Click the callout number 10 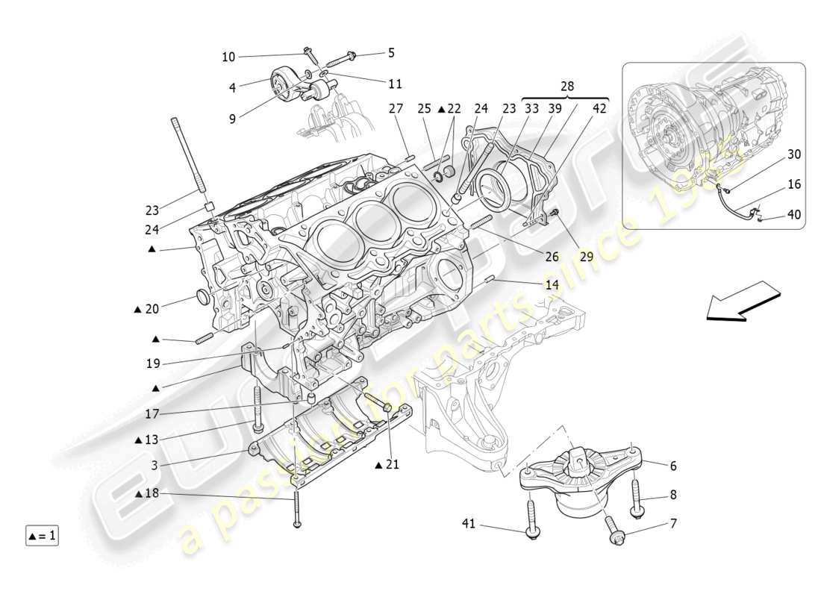click(x=228, y=57)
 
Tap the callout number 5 click(x=391, y=53)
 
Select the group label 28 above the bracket click(x=567, y=87)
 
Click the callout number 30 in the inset click(x=793, y=154)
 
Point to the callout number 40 click(x=793, y=214)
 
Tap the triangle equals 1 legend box click(x=43, y=535)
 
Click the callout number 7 click(x=673, y=524)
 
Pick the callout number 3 click(x=154, y=465)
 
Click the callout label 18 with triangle click(x=147, y=494)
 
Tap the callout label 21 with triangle click(x=388, y=465)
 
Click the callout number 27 click(x=396, y=109)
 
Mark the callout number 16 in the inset click(x=793, y=183)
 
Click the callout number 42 click(x=600, y=109)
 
